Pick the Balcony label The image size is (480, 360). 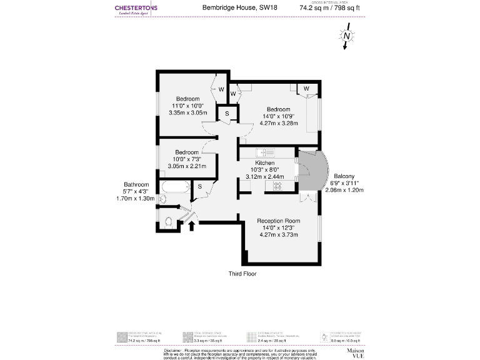[x=344, y=176]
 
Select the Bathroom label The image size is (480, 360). [x=136, y=184]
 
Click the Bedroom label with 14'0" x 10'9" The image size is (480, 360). [x=279, y=109]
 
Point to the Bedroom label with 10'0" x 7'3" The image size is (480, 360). [x=187, y=152]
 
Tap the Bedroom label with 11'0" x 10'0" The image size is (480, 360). [x=187, y=99]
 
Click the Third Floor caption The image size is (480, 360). [x=242, y=274]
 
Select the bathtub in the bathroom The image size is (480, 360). [x=174, y=187]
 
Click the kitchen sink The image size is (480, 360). [x=266, y=152]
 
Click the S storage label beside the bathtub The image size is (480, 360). [x=199, y=186]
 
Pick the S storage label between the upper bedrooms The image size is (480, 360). [x=226, y=113]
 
